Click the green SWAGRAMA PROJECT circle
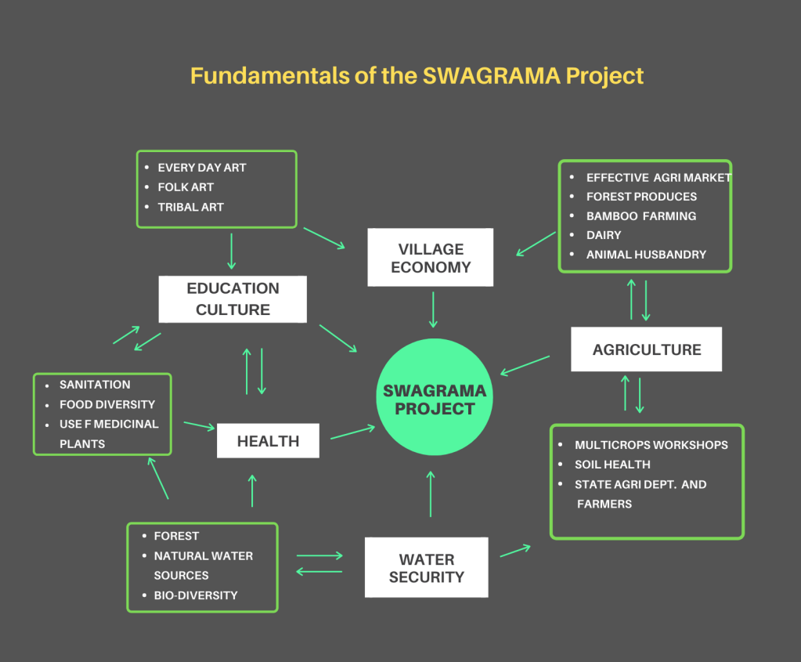point(434,399)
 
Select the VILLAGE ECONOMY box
point(430,258)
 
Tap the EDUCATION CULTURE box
point(233,298)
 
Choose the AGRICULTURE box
point(646,349)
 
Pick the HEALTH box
point(268,441)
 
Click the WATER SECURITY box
point(426,568)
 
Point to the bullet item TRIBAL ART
point(190,207)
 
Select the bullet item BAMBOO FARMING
point(640,215)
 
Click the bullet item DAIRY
point(603,235)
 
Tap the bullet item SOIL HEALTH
point(612,465)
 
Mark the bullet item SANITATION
point(95,385)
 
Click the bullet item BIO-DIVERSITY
point(195,595)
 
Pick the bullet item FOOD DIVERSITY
point(107,404)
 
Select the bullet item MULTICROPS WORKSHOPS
point(651,445)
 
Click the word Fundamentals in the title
point(255,76)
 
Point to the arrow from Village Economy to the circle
point(433,310)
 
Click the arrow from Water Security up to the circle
point(431,494)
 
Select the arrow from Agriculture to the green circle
point(525,366)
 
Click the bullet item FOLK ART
point(186,187)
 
